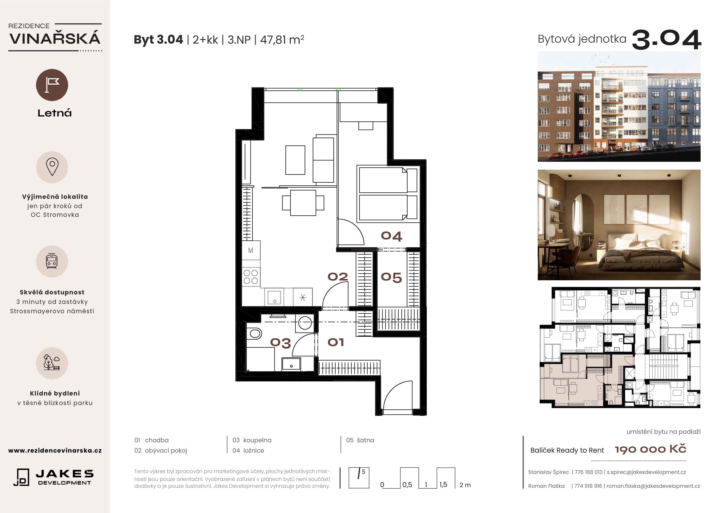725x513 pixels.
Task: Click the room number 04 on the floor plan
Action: pyautogui.click(x=392, y=236)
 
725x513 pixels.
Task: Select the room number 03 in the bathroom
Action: pyautogui.click(x=280, y=343)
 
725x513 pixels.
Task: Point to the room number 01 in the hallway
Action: pyautogui.click(x=336, y=342)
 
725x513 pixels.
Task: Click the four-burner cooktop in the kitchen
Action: pyautogui.click(x=251, y=277)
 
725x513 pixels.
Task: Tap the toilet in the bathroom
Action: pyautogui.click(x=254, y=333)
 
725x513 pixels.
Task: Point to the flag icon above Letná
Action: pyautogui.click(x=52, y=85)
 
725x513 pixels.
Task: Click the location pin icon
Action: pyautogui.click(x=52, y=167)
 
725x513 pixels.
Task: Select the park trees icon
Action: pyautogui.click(x=52, y=363)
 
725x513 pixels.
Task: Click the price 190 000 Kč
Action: pyautogui.click(x=650, y=449)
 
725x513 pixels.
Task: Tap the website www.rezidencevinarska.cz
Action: pyautogui.click(x=55, y=450)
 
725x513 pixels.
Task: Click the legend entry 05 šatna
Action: pyautogui.click(x=360, y=440)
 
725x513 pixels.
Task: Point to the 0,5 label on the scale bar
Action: pyautogui.click(x=407, y=484)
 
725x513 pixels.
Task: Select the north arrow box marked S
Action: pyautogui.click(x=359, y=478)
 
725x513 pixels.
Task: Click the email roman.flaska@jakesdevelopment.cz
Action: pyautogui.click(x=653, y=486)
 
